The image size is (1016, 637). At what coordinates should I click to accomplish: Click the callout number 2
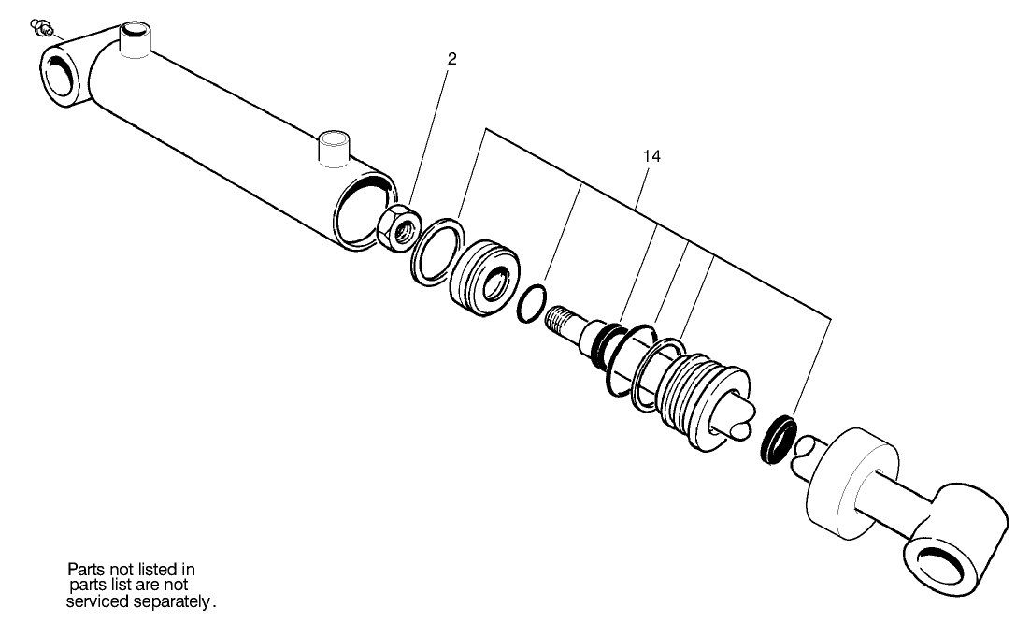tap(452, 58)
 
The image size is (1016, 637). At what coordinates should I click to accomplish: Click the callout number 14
tap(651, 156)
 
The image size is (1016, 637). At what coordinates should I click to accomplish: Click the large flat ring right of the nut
tap(436, 252)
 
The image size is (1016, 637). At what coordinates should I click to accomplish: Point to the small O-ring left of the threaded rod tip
tap(531, 305)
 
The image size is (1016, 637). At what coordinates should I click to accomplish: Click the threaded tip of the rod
tap(564, 319)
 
